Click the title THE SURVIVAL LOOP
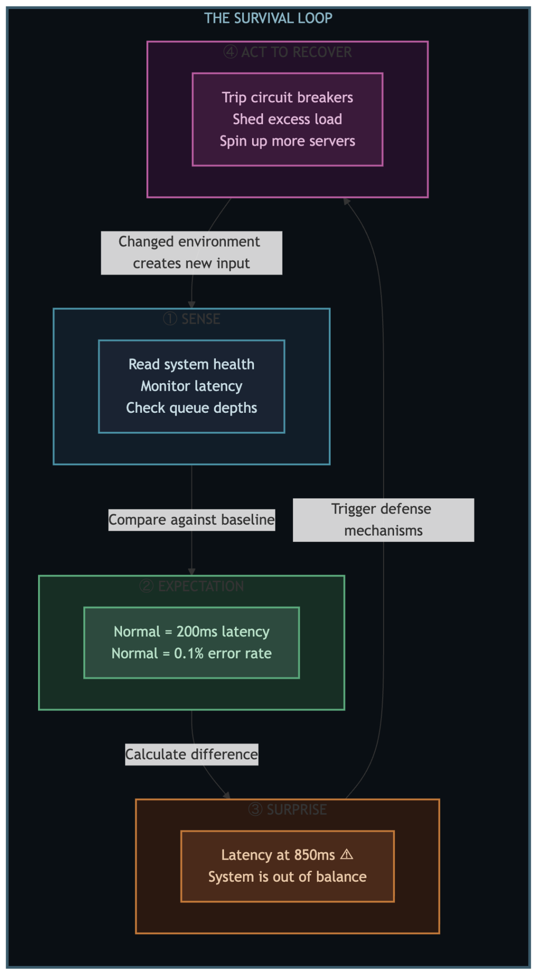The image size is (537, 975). tap(268, 18)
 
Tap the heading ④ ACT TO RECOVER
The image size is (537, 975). tap(287, 52)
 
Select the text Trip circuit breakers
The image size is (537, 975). tap(287, 98)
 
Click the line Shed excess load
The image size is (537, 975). tap(287, 119)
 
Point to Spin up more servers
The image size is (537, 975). tap(287, 141)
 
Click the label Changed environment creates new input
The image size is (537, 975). tap(191, 253)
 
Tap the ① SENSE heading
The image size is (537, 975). tap(192, 319)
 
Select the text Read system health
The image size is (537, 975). tap(192, 364)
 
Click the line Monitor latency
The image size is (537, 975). tap(192, 386)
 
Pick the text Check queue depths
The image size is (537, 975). tap(192, 408)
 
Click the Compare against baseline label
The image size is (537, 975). tap(192, 520)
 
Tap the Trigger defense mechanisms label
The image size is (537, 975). tap(383, 520)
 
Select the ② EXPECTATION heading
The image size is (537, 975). tap(192, 586)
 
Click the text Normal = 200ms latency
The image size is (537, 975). tap(192, 632)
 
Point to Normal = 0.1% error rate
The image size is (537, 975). tap(192, 653)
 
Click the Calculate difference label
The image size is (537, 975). tap(192, 754)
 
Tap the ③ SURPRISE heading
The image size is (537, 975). tap(287, 809)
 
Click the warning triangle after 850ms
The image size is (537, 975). tap(347, 855)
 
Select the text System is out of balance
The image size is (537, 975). tap(287, 877)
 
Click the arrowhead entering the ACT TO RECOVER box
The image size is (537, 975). tap(347, 201)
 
